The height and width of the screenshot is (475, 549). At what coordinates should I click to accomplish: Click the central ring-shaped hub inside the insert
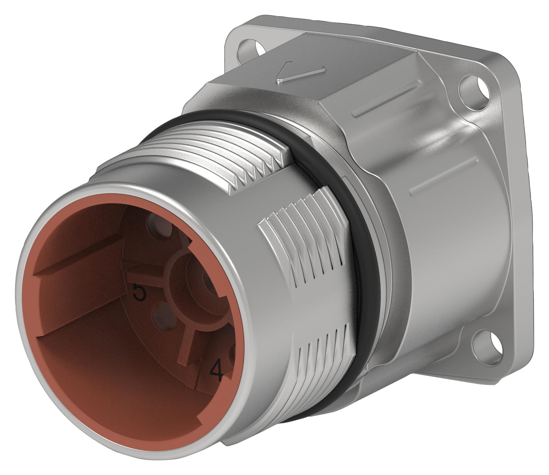pos(199,280)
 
